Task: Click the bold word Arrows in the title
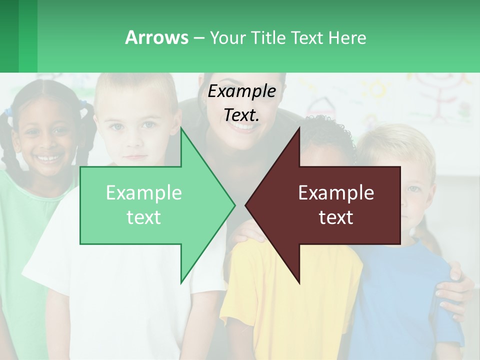coord(157,37)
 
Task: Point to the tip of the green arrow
coord(234,205)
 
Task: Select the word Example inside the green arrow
coord(143,193)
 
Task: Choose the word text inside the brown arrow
coord(336,217)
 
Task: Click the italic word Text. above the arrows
coord(241,115)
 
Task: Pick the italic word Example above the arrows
coord(241,91)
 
